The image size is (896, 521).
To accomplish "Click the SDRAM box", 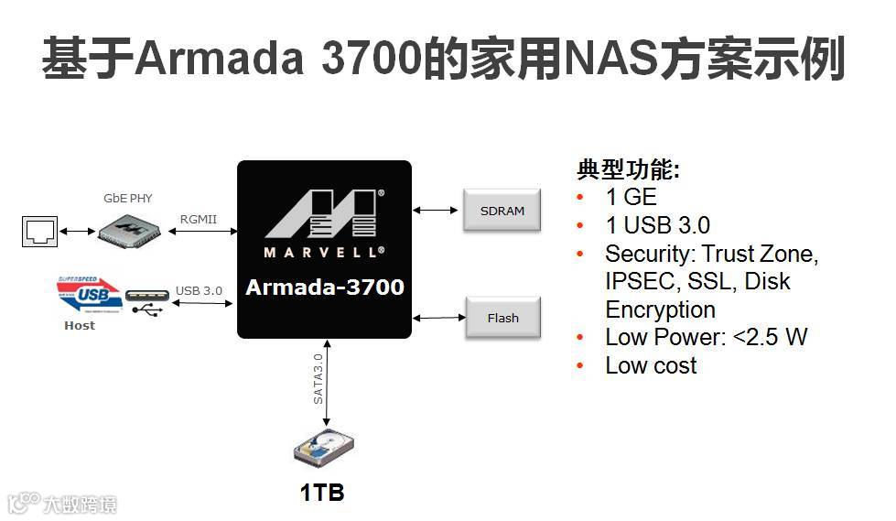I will [502, 211].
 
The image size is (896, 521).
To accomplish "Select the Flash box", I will [502, 318].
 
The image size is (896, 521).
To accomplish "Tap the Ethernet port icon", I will [39, 231].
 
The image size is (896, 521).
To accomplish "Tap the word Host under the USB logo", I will [80, 325].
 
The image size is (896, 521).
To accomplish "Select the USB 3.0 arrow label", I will [199, 291].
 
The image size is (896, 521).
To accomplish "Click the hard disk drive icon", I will [321, 449].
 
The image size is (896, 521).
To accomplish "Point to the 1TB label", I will [321, 493].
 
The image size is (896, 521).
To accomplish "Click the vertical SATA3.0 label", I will [318, 378].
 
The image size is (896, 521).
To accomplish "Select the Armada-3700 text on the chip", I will [324, 287].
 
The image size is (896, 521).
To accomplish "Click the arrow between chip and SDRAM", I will [437, 211].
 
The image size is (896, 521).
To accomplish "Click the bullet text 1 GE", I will [631, 197].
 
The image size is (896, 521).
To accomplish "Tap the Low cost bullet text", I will [651, 365].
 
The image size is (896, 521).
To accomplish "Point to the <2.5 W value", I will [771, 337].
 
